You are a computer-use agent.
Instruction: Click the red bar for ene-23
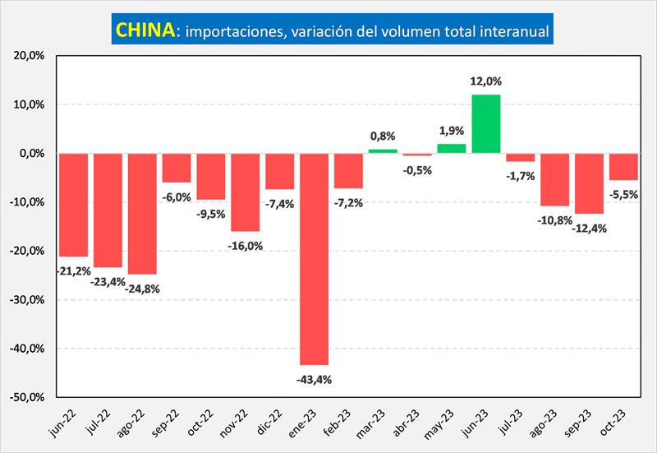[314, 258]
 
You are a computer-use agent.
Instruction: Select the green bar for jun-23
[486, 124]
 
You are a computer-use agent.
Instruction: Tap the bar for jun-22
[73, 205]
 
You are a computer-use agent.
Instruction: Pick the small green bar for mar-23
[383, 151]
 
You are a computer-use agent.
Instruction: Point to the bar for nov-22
[245, 192]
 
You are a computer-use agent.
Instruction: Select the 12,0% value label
[486, 81]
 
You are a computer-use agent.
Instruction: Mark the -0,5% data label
[418, 169]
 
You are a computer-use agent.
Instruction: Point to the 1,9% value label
[452, 130]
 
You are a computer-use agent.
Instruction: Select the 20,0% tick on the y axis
[30, 56]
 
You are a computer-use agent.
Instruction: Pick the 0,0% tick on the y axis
[32, 154]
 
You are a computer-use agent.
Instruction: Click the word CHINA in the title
[145, 30]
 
